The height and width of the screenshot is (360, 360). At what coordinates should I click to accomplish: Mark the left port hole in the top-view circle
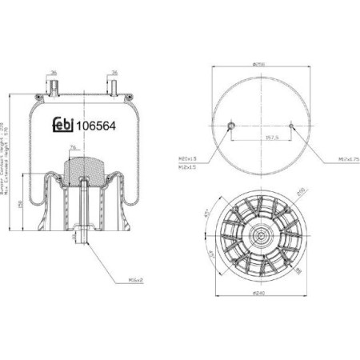[x=230, y=125]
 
